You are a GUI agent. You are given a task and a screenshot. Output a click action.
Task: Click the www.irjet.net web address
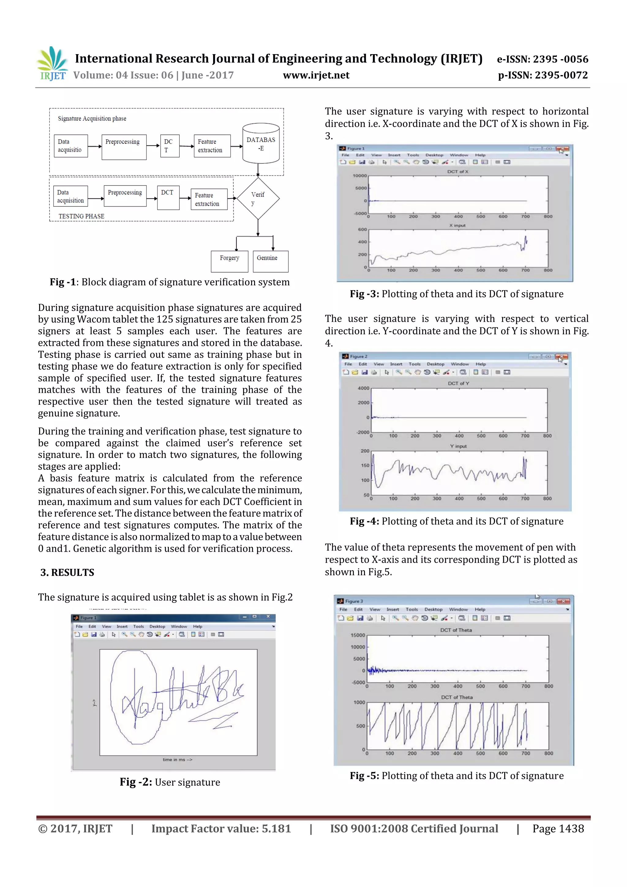pyautogui.click(x=316, y=75)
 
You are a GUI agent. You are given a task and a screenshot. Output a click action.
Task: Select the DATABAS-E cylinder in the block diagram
pyautogui.click(x=261, y=144)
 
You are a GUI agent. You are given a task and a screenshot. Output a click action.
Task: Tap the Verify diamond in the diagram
pyautogui.click(x=258, y=198)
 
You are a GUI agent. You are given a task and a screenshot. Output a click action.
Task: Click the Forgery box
pyautogui.click(x=230, y=261)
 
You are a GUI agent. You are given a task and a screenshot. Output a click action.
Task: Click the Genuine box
pyautogui.click(x=270, y=261)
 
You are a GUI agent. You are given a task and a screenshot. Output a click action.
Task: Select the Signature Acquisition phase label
pyautogui.click(x=92, y=118)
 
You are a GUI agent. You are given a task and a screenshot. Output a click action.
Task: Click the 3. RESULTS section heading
pyautogui.click(x=67, y=572)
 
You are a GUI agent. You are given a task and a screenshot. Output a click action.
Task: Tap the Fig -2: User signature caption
pyautogui.click(x=170, y=782)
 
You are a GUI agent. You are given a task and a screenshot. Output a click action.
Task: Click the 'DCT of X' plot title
pyautogui.click(x=457, y=171)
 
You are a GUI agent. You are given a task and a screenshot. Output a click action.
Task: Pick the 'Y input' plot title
pyautogui.click(x=458, y=446)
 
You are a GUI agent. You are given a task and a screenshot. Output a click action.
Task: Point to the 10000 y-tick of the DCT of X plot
pyautogui.click(x=359, y=176)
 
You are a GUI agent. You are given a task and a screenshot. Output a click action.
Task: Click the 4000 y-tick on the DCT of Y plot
pyautogui.click(x=363, y=388)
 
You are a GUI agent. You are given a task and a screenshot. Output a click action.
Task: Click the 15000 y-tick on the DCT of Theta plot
pyautogui.click(x=357, y=635)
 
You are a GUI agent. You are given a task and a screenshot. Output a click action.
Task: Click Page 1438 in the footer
pyautogui.click(x=558, y=828)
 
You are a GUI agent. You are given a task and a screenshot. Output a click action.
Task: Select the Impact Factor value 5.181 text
pyautogui.click(x=221, y=828)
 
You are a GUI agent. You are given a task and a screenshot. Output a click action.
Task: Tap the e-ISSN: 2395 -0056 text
pyautogui.click(x=543, y=59)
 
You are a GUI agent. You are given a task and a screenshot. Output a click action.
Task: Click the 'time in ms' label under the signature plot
pyautogui.click(x=177, y=760)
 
